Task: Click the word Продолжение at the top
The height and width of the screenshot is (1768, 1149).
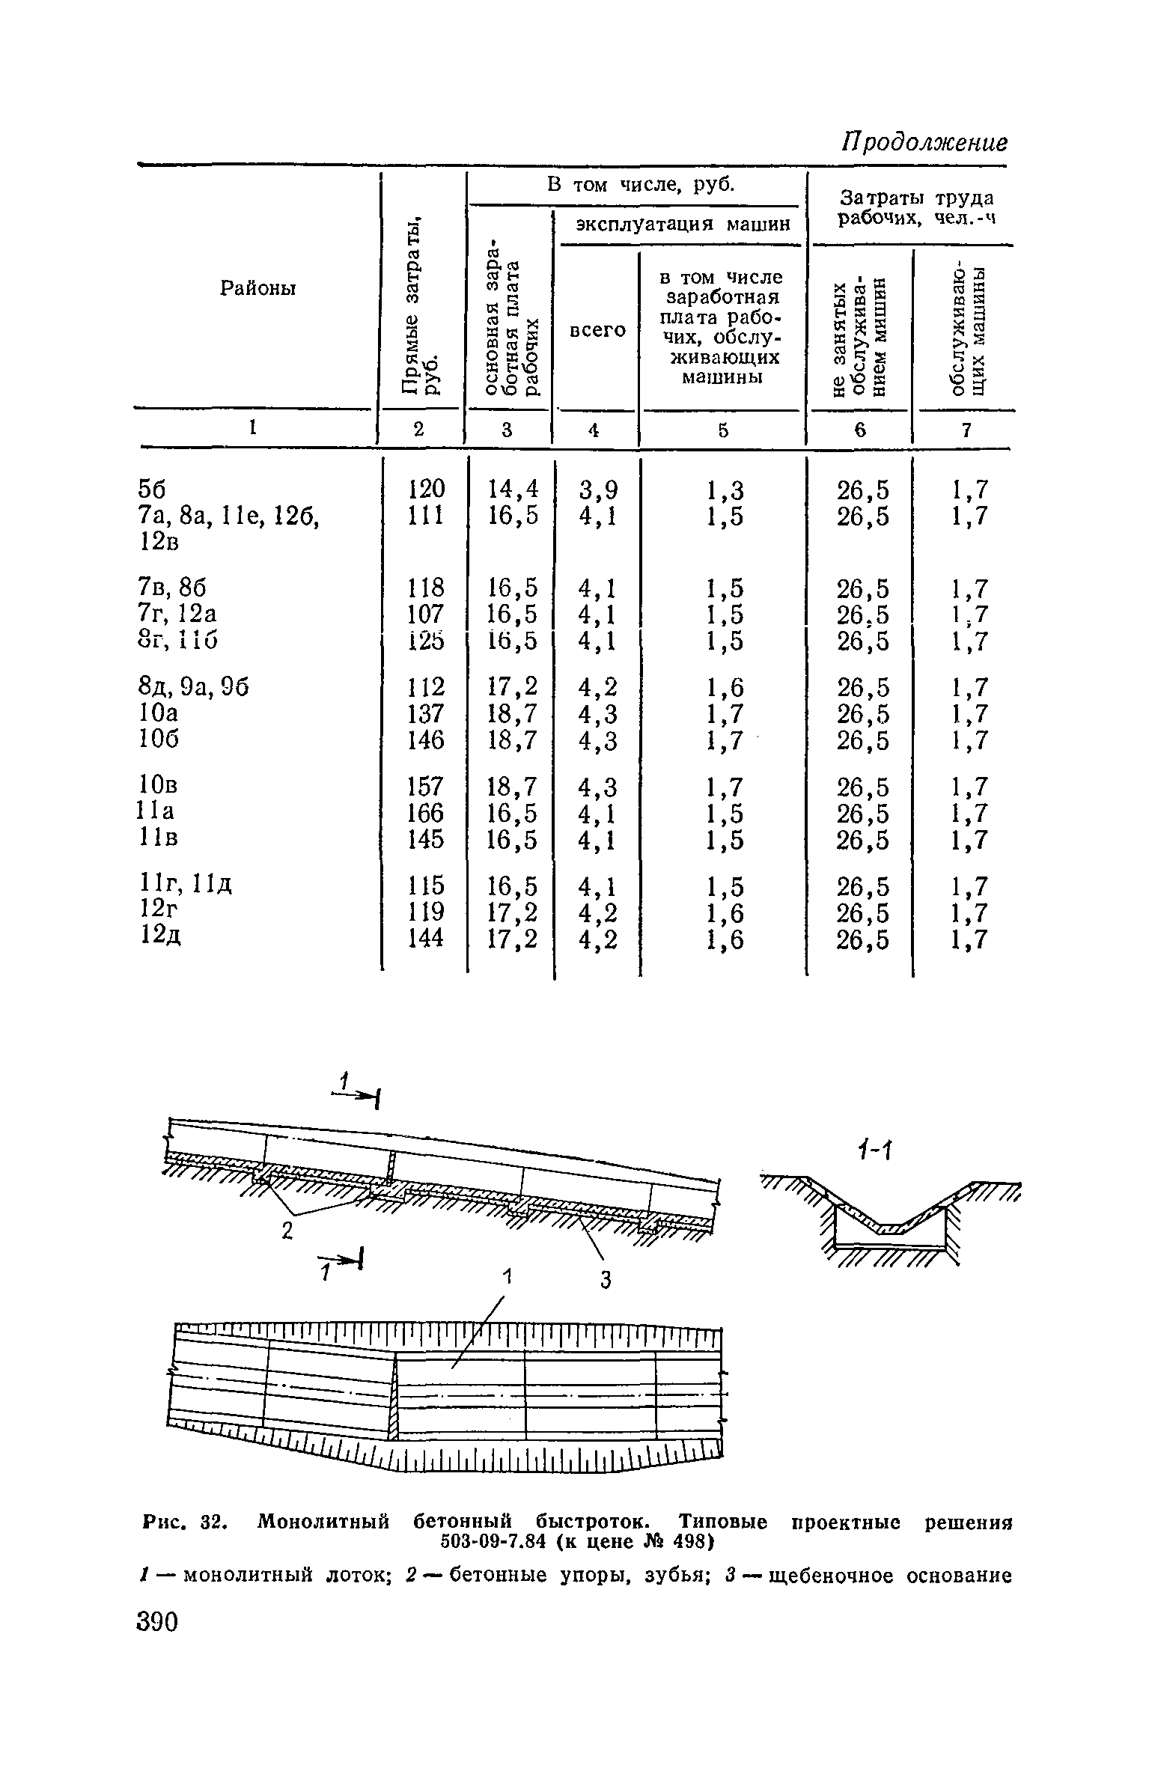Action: pyautogui.click(x=925, y=142)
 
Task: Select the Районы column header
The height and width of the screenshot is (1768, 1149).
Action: pyautogui.click(x=258, y=287)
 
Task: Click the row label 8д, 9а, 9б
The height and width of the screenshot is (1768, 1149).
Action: pyautogui.click(x=192, y=686)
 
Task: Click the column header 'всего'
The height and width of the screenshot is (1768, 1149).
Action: pyautogui.click(x=597, y=330)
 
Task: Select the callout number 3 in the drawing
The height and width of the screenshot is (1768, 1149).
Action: pyautogui.click(x=606, y=1281)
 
